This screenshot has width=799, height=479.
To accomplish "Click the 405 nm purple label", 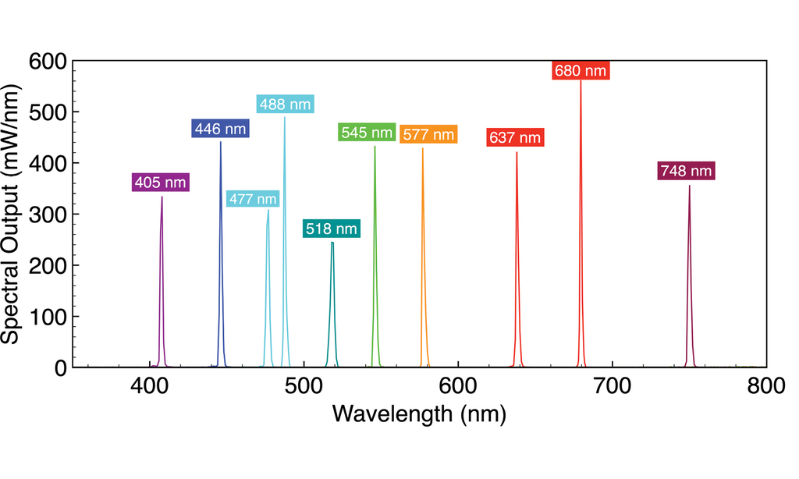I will pyautogui.click(x=160, y=183).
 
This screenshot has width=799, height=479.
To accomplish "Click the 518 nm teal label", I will pyautogui.click(x=332, y=229).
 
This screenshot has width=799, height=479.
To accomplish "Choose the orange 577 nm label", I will pyautogui.click(x=428, y=134).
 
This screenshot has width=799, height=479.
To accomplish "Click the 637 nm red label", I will pyautogui.click(x=514, y=138).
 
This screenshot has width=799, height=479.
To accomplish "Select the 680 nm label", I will pyautogui.click(x=580, y=70).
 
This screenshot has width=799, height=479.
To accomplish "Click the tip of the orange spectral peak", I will pyautogui.click(x=423, y=148).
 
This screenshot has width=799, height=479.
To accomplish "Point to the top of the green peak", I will pyautogui.click(x=375, y=147).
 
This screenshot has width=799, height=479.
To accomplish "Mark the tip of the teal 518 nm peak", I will pyautogui.click(x=332, y=243).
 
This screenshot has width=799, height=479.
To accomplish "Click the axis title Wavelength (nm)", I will pyautogui.click(x=419, y=414).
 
